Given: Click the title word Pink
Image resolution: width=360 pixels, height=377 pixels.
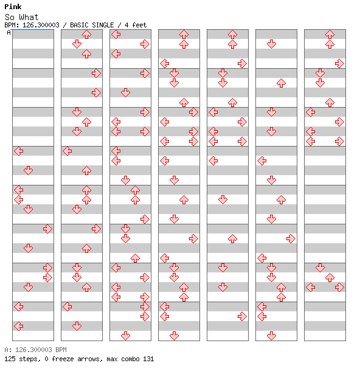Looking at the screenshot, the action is coord(13,7).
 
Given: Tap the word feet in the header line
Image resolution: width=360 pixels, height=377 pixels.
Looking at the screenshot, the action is coord(139,25).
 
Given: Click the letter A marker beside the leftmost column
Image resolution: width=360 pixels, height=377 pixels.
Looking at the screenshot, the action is coord(9,32).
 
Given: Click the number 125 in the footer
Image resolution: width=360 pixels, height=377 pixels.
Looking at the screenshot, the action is coord(10,359).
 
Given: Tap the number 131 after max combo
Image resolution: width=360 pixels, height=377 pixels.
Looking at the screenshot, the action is coord(148,359).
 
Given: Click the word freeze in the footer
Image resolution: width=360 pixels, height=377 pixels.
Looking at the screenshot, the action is coord(63,359).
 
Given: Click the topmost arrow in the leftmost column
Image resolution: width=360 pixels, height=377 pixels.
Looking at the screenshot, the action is coord(19,151).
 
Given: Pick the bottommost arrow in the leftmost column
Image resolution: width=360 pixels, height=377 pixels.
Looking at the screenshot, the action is coord(19,326).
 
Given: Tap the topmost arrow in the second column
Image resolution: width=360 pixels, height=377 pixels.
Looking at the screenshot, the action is coord(86,35).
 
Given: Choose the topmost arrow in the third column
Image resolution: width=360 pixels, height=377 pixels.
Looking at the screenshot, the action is coord(116,35).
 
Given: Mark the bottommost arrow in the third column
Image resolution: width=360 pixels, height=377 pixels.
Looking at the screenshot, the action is coord(125,336).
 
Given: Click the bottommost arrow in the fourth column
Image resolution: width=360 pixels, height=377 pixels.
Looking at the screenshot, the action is coord(174,336).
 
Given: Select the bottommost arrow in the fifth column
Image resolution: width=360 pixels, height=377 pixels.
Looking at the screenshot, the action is coord(242,316).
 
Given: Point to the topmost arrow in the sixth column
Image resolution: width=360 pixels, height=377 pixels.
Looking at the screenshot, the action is coord(271,44).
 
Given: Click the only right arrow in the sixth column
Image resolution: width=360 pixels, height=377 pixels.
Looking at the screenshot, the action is coord(291,238).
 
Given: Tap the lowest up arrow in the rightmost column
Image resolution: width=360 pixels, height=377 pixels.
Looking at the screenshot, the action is coord(330,277).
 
